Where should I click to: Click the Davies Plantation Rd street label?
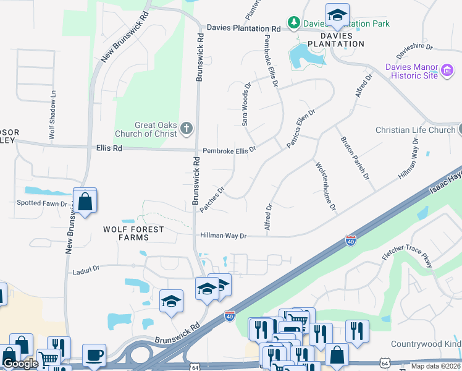click(244, 28)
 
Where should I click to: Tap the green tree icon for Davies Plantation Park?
click(293, 23)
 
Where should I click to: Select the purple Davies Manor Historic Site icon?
click(448, 71)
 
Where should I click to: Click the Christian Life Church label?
click(415, 130)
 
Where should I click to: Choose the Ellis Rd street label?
click(109, 148)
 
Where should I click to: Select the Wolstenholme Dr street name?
click(325, 186)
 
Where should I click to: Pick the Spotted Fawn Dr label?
click(42, 203)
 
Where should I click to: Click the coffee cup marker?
click(94, 356)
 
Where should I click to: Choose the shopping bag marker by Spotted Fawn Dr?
click(85, 201)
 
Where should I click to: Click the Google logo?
click(20, 364)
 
